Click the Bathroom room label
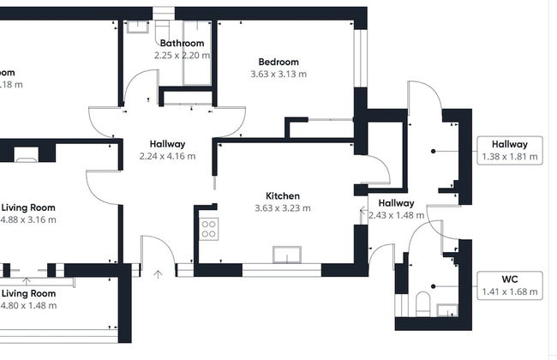pos(182,43)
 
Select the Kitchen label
pos(282,195)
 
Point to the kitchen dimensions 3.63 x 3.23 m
pos(282,207)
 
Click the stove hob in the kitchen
pos(208,229)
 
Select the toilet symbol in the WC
pos(421,304)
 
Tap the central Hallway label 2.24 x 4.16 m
pos(167,156)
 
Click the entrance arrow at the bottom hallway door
pos(158,274)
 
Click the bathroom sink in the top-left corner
pos(137,26)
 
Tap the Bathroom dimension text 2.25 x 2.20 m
pos(182,55)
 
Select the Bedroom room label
pos(278,62)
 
